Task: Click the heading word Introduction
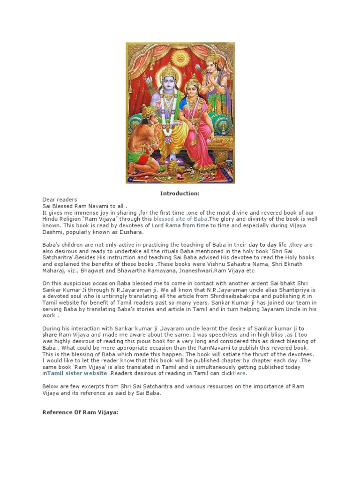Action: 180,193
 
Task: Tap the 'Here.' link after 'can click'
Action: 240,374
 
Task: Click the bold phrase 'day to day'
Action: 262,245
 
